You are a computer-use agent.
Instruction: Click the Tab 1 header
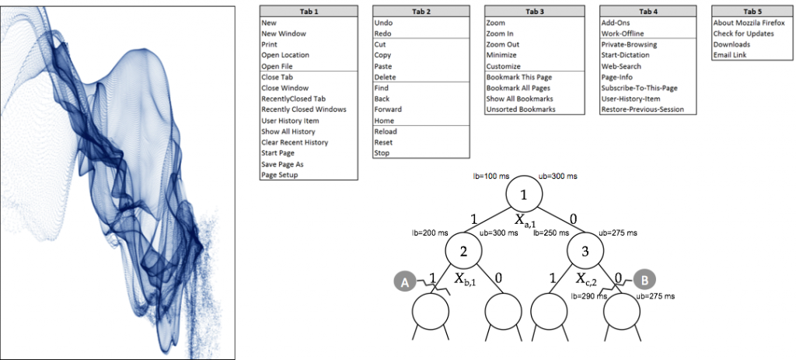pyautogui.click(x=309, y=12)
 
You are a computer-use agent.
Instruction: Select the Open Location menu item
pyautogui.click(x=285, y=55)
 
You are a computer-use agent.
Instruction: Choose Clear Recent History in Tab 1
pyautogui.click(x=295, y=142)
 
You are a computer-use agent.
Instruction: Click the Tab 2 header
pyautogui.click(x=421, y=12)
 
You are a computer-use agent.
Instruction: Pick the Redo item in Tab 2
pyautogui.click(x=382, y=33)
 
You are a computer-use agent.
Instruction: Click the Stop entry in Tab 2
pyautogui.click(x=382, y=153)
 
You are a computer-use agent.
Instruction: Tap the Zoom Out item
pyautogui.click(x=502, y=44)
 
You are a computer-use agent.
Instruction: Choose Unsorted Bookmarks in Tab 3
pyautogui.click(x=521, y=110)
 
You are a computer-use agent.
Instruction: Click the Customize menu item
pyautogui.click(x=504, y=66)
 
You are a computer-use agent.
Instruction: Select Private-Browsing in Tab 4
pyautogui.click(x=629, y=44)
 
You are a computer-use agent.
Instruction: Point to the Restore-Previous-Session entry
pyautogui.click(x=642, y=110)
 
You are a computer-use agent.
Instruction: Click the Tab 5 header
pyautogui.click(x=749, y=12)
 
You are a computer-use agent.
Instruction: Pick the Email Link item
pyautogui.click(x=731, y=55)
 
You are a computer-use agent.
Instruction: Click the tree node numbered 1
pyautogui.click(x=523, y=194)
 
